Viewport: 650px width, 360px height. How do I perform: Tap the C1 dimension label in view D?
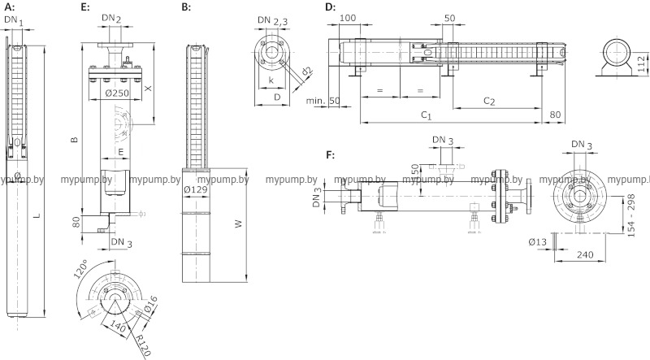coord(426,116)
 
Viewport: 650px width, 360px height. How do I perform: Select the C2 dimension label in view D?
coord(490,101)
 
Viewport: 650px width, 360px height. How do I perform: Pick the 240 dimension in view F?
coord(582,254)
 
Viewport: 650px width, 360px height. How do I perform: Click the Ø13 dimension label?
coord(537,241)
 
